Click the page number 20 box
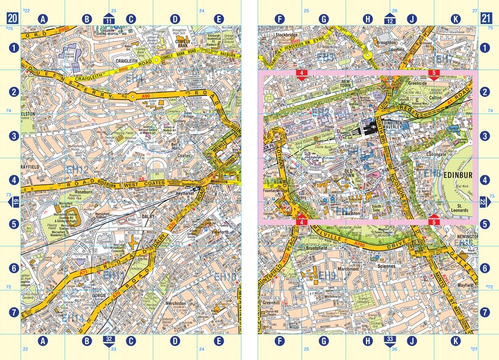[12, 18]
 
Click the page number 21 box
[486, 18]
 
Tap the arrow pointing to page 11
[109, 18]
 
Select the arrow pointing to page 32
[109, 340]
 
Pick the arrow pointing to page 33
[389, 340]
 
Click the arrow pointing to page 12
[389, 18]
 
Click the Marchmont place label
[348, 268]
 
